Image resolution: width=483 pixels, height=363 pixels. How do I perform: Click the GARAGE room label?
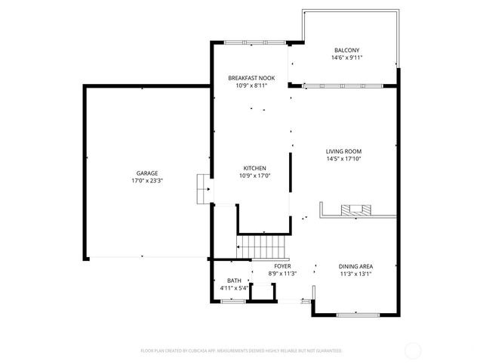pyautogui.click(x=147, y=173)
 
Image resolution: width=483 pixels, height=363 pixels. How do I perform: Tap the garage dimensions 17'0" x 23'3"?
pyautogui.click(x=147, y=181)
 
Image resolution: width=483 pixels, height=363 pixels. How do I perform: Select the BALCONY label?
pyautogui.click(x=346, y=50)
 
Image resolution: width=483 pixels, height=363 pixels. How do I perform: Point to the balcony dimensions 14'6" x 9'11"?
pyautogui.click(x=346, y=57)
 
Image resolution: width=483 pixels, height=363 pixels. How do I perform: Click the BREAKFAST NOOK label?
pyautogui.click(x=252, y=78)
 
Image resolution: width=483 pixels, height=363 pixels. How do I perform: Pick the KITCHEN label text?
pyautogui.click(x=254, y=168)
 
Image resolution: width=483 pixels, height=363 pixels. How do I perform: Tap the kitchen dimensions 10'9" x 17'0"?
pyautogui.click(x=254, y=175)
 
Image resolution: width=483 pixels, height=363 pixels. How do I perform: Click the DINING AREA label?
pyautogui.click(x=355, y=266)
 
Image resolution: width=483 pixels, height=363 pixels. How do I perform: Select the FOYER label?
pyautogui.click(x=282, y=266)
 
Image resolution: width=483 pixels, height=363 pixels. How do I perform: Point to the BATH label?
pyautogui.click(x=234, y=281)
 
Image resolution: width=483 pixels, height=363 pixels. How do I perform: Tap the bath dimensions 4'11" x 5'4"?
pyautogui.click(x=234, y=288)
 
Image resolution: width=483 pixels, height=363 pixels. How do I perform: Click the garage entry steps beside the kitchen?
pyautogui.click(x=202, y=189)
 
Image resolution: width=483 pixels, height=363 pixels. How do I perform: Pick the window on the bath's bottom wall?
pyautogui.click(x=234, y=302)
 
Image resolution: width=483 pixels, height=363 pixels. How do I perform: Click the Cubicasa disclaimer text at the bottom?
pyautogui.click(x=241, y=350)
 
